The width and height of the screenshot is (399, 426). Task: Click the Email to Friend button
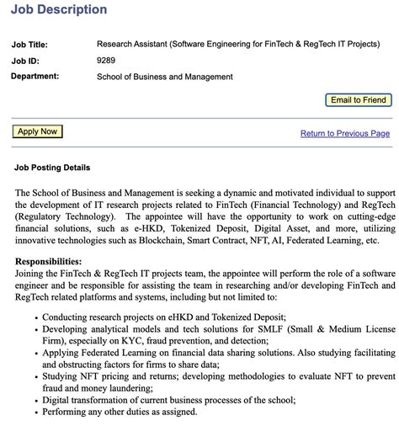tap(359, 100)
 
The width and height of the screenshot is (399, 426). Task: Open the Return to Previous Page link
tap(345, 133)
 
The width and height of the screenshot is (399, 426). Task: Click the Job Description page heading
tap(59, 10)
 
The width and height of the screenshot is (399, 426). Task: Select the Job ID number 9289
tap(106, 60)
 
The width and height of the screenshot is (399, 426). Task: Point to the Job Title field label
tap(29, 45)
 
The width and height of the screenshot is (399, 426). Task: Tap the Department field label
tap(35, 77)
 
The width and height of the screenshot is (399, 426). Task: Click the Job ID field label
tap(25, 61)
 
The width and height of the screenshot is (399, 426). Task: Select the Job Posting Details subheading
tap(52, 168)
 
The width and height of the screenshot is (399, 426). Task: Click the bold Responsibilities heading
tap(48, 262)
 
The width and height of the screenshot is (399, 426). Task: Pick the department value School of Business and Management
tap(165, 77)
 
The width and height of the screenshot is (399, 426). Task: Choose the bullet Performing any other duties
tap(119, 412)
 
